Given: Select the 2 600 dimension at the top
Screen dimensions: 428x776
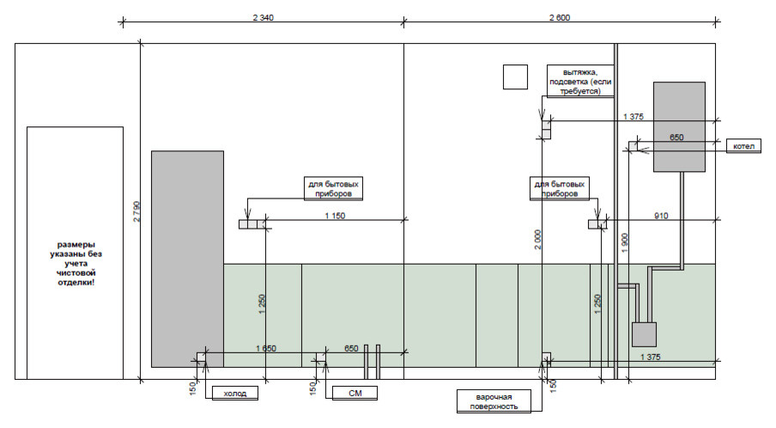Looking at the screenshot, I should (x=559, y=17).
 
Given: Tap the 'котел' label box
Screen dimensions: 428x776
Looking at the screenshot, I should (x=743, y=147).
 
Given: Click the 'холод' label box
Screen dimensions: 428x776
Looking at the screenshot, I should (x=234, y=394).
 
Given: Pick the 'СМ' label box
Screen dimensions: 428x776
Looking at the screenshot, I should (x=354, y=394).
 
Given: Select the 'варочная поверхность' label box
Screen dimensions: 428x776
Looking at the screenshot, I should (x=494, y=401).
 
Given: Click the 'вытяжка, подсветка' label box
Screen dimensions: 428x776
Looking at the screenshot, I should (x=581, y=81).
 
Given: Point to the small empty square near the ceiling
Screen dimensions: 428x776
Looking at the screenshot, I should (x=515, y=77).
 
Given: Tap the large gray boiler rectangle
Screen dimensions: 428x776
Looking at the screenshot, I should (x=679, y=126).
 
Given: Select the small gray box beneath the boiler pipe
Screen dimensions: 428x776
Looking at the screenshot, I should (x=644, y=334).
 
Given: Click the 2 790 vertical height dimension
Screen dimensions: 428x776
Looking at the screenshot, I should (x=135, y=211).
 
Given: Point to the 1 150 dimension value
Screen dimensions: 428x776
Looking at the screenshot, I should (x=335, y=217).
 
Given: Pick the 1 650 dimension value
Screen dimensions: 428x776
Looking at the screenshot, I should (x=265, y=348).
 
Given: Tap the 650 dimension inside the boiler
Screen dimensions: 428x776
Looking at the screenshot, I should (x=676, y=138).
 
